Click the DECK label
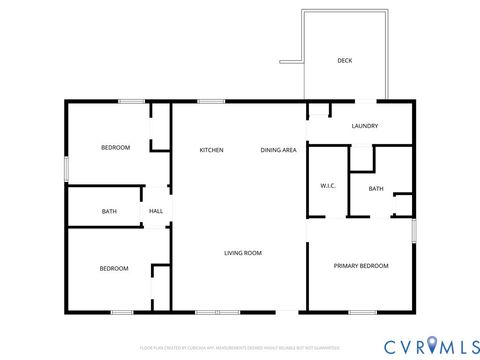(344, 61)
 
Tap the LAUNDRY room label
(364, 126)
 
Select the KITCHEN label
(211, 150)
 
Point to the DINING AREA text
(278, 150)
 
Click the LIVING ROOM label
(242, 253)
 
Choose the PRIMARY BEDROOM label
(361, 265)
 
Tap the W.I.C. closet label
(327, 186)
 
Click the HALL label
(156, 211)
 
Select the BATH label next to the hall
(109, 211)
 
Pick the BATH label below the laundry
(376, 189)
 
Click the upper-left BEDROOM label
(115, 148)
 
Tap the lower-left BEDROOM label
(113, 268)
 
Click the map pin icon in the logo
(431, 345)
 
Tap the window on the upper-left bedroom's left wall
(67, 168)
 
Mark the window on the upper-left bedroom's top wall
(131, 101)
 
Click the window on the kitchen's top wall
(210, 101)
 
